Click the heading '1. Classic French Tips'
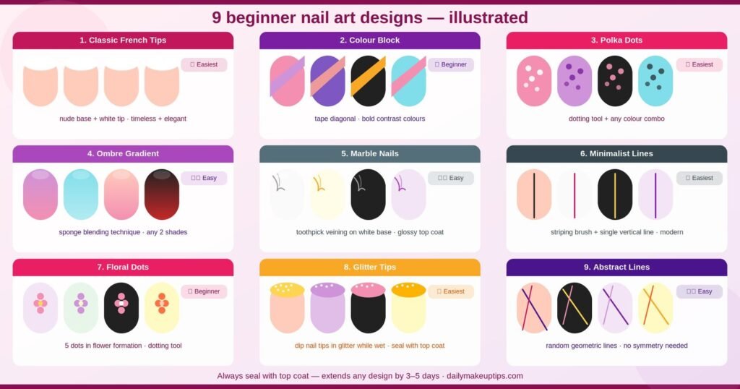click(x=123, y=40)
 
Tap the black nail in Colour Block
click(x=368, y=81)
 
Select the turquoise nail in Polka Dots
click(x=655, y=81)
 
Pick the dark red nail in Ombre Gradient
click(x=162, y=194)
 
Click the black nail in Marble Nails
click(x=368, y=194)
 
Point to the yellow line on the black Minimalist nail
click(x=615, y=195)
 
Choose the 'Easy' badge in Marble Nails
click(x=451, y=178)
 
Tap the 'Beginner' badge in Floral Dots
click(x=204, y=291)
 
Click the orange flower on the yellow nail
click(x=162, y=304)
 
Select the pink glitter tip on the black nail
click(x=368, y=289)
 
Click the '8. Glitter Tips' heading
click(x=369, y=267)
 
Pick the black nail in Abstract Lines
click(x=575, y=308)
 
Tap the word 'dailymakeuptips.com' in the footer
click(x=485, y=376)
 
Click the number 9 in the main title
click(x=217, y=17)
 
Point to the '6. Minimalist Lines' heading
click(x=616, y=153)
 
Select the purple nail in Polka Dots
click(x=575, y=81)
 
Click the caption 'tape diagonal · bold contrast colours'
click(x=369, y=119)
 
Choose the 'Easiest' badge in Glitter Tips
click(x=451, y=291)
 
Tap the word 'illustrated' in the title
click(x=489, y=17)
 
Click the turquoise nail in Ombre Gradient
click(x=81, y=194)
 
